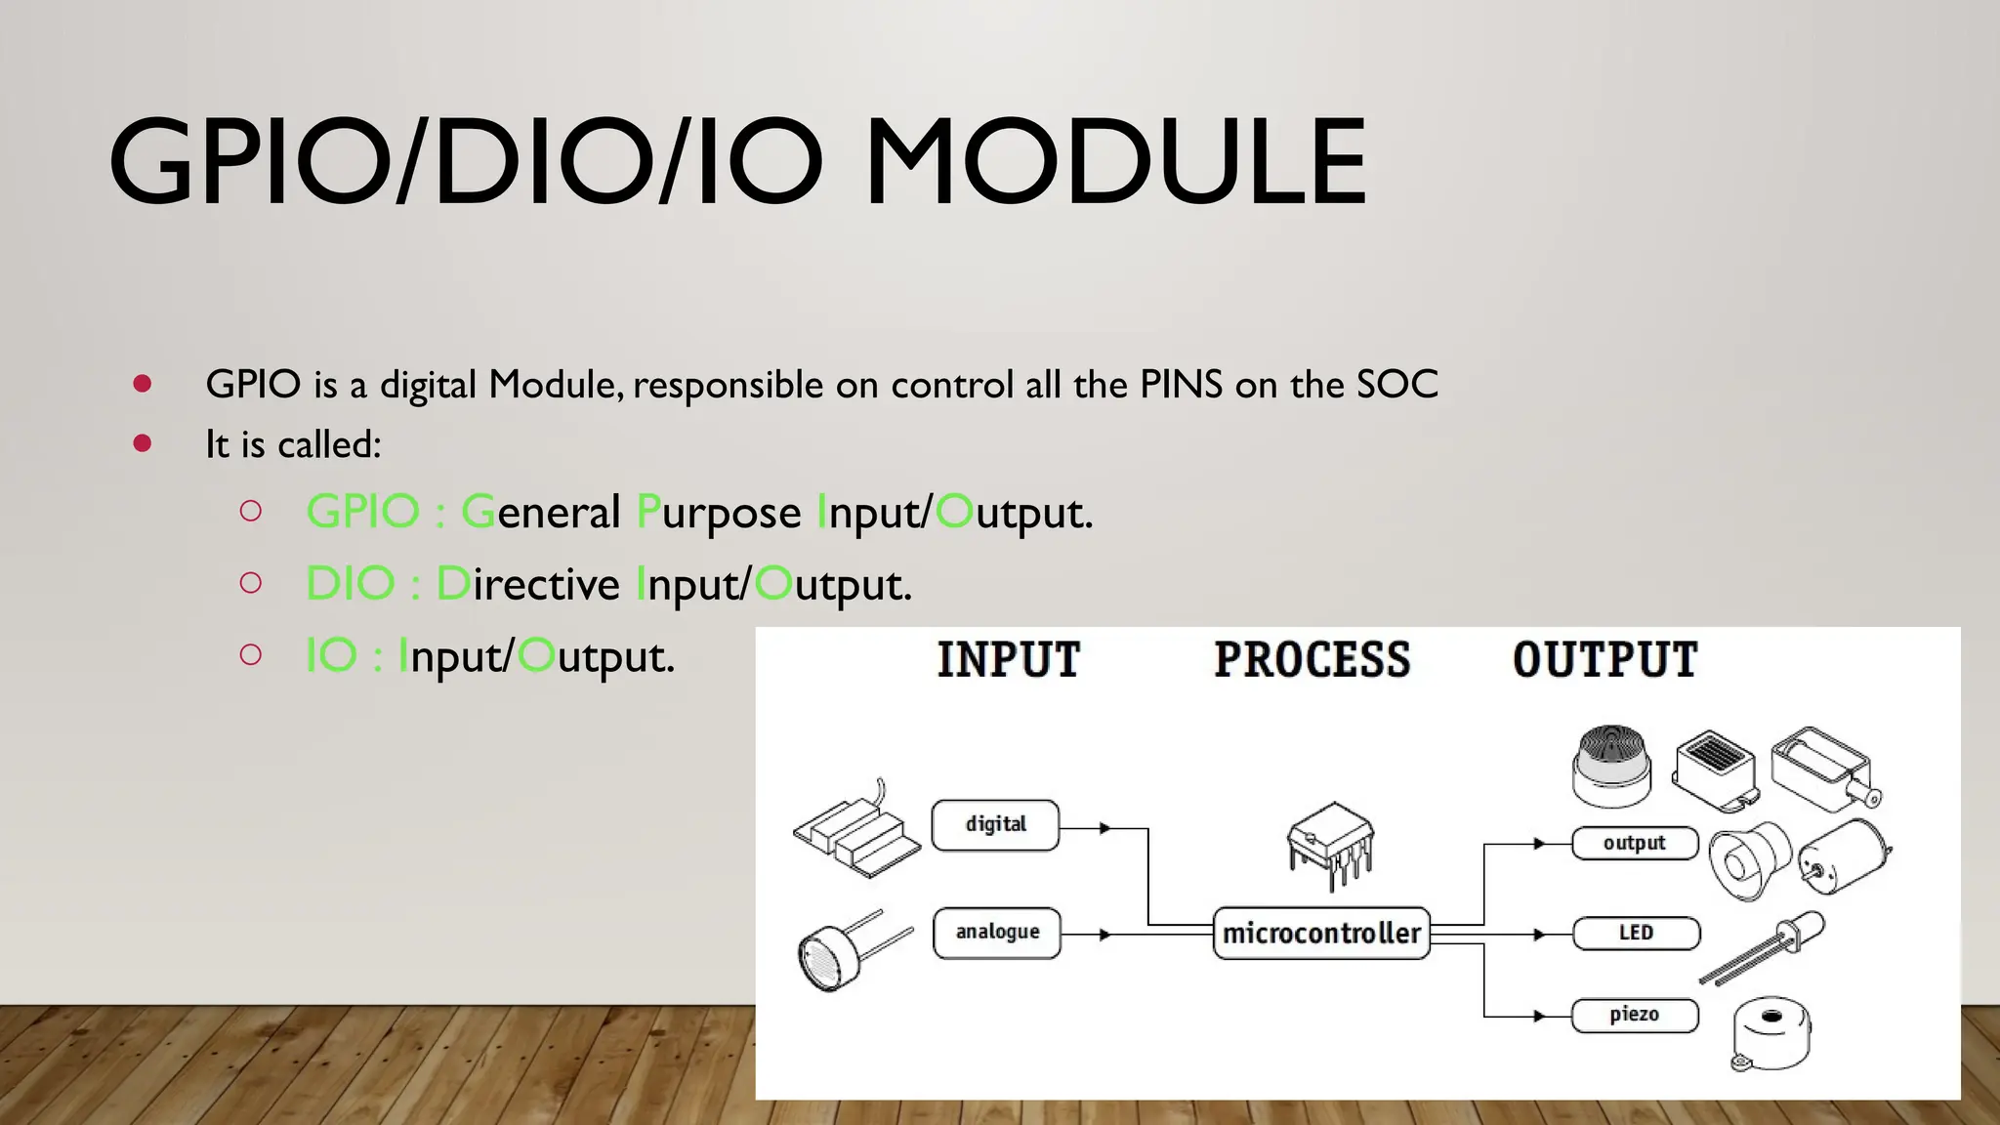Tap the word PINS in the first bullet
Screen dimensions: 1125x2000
click(x=1181, y=385)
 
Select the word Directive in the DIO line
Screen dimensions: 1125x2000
click(x=527, y=584)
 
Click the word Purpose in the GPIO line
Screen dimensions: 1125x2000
click(x=719, y=513)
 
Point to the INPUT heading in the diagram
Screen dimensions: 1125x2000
click(x=1009, y=660)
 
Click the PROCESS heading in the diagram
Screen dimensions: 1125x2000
click(x=1312, y=660)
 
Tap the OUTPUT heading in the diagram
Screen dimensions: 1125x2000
click(x=1604, y=660)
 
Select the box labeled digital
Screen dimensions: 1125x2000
click(x=995, y=825)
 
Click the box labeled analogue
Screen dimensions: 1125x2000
click(x=996, y=933)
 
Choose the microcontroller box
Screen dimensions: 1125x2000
click(x=1320, y=934)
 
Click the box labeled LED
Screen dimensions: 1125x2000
click(x=1636, y=933)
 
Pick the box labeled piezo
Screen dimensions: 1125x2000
click(x=1635, y=1015)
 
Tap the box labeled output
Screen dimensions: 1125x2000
click(x=1635, y=843)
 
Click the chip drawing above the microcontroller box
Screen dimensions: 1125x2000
click(x=1330, y=843)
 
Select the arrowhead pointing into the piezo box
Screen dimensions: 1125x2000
click(x=1539, y=1016)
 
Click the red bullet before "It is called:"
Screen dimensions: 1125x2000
click(x=143, y=444)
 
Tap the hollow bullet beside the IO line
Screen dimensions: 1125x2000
click(x=251, y=654)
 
